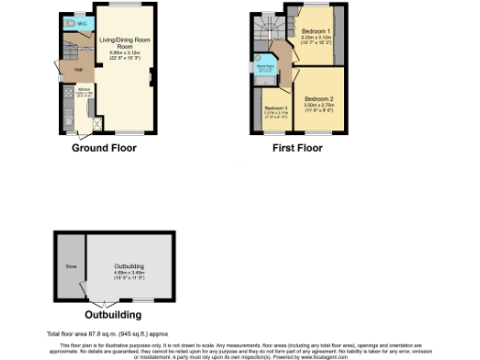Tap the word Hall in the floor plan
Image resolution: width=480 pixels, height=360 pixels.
pyautogui.click(x=79, y=68)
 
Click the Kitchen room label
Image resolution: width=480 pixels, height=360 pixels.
pyautogui.click(x=83, y=90)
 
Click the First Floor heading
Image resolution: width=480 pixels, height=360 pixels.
pyautogui.click(x=298, y=148)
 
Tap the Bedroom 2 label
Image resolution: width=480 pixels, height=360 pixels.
pyautogui.click(x=320, y=97)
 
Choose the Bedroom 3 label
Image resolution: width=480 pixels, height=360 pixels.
pyautogui.click(x=275, y=108)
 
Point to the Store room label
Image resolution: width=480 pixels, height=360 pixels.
pyautogui.click(x=69, y=264)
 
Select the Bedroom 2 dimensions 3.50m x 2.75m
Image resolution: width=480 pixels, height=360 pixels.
pyautogui.click(x=320, y=106)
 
